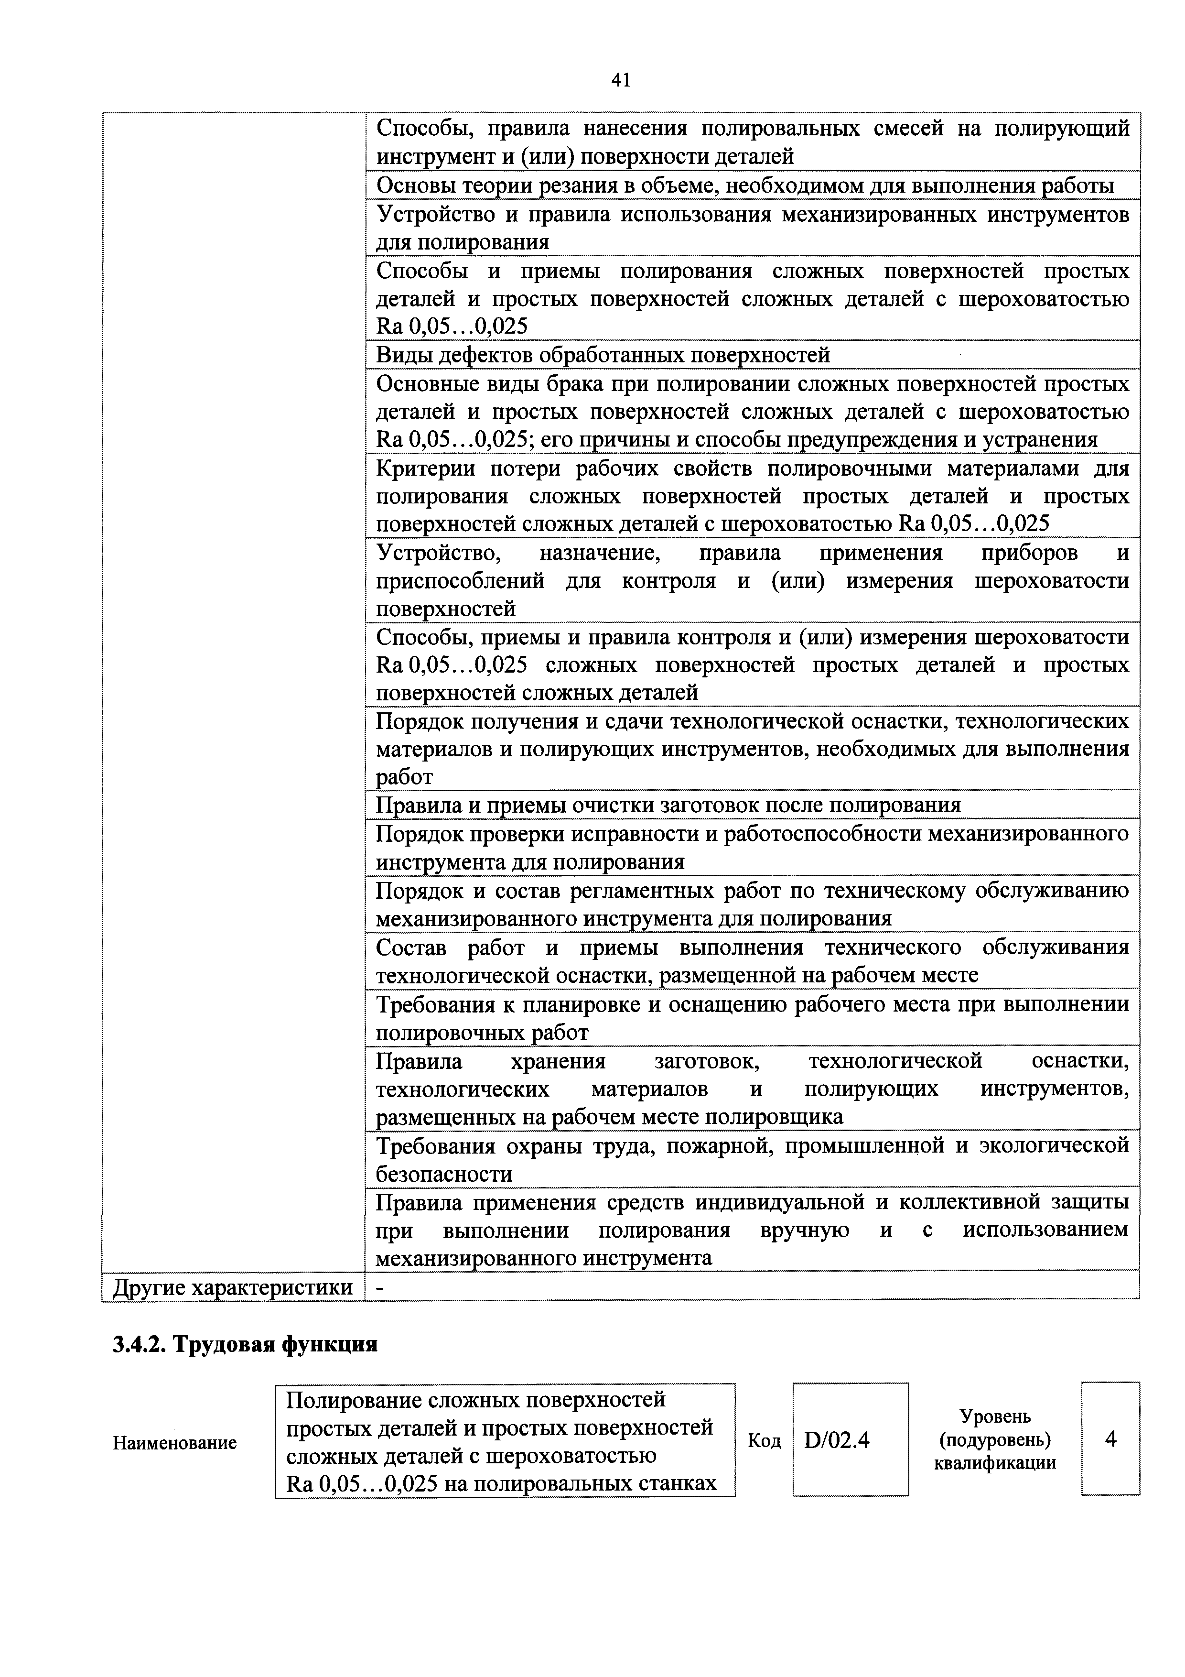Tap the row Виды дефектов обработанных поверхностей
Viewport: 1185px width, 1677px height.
coord(603,355)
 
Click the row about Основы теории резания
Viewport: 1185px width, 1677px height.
coord(745,185)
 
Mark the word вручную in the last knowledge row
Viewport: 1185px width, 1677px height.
coord(805,1230)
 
